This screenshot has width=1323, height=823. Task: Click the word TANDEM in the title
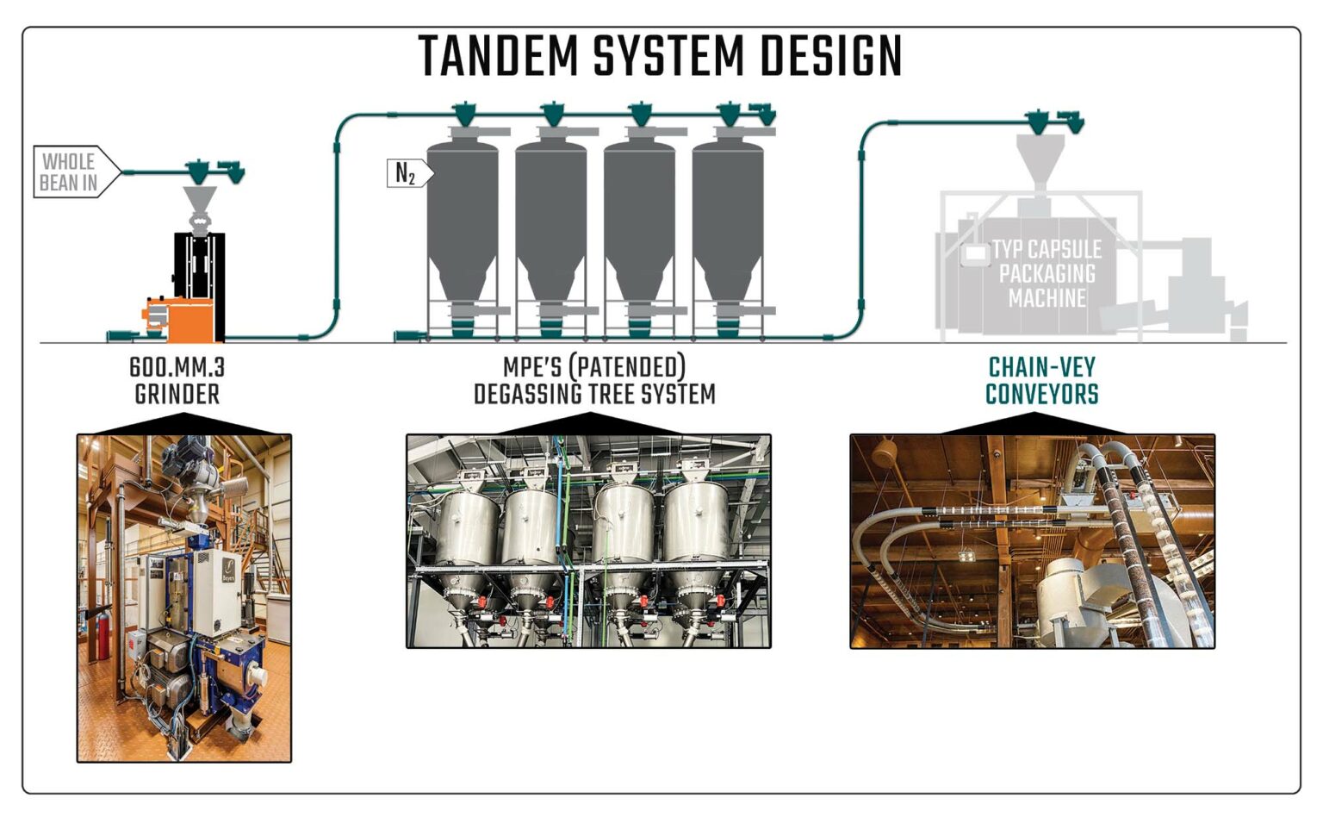point(498,57)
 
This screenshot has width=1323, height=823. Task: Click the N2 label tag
point(407,174)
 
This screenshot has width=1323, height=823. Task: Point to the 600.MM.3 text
point(177,367)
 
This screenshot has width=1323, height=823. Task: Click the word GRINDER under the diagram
point(177,395)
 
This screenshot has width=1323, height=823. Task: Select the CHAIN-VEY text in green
point(1041,367)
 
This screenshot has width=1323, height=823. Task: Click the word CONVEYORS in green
point(1041,395)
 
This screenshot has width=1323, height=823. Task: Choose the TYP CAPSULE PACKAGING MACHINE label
point(1046,273)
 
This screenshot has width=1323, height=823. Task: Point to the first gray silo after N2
point(463,224)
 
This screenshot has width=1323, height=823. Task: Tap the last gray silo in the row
point(727,224)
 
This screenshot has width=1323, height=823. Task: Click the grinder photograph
point(184,598)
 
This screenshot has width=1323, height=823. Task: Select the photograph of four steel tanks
point(588,541)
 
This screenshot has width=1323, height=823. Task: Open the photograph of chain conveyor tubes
point(1032,541)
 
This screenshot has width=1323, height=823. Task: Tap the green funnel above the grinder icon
point(199,172)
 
